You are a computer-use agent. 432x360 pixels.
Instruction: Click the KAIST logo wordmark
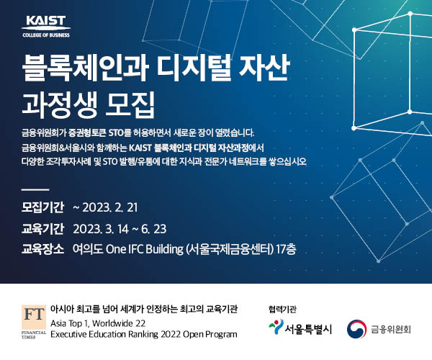[46, 21]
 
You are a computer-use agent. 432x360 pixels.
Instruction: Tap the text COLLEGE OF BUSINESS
[46, 35]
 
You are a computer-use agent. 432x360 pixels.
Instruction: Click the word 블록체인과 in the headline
[86, 68]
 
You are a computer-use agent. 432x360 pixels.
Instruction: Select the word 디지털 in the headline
[194, 68]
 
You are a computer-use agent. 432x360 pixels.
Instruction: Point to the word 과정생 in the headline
[60, 104]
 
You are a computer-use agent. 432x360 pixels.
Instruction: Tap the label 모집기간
[42, 207]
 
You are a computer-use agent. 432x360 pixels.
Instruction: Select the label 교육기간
[42, 229]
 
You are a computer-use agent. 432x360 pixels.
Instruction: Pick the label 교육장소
[42, 249]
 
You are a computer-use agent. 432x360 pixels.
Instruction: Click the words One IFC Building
[145, 250]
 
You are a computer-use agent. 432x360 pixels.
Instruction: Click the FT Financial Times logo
[34, 322]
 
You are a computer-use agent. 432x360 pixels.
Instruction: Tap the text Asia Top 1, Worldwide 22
[98, 323]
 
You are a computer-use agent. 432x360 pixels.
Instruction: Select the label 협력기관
[282, 309]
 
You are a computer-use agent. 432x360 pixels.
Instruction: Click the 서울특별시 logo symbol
[276, 327]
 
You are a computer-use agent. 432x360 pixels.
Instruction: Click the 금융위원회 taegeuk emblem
[356, 329]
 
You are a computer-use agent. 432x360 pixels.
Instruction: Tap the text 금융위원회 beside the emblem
[390, 329]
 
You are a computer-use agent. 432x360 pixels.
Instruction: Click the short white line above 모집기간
[35, 189]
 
